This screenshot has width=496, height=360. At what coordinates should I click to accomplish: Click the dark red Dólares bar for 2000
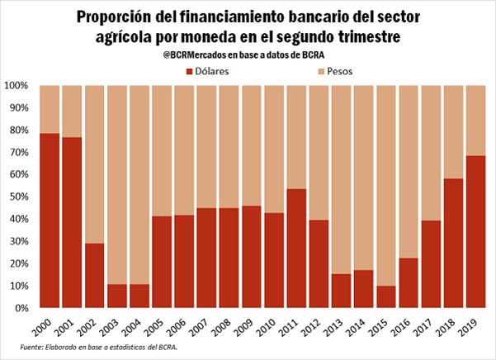(50, 220)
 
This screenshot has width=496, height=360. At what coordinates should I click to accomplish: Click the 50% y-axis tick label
(20, 197)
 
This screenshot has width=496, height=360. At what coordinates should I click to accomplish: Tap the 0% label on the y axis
(22, 307)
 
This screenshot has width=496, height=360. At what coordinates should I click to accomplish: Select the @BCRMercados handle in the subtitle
(196, 55)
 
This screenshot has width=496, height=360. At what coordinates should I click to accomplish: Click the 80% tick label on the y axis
(20, 130)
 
